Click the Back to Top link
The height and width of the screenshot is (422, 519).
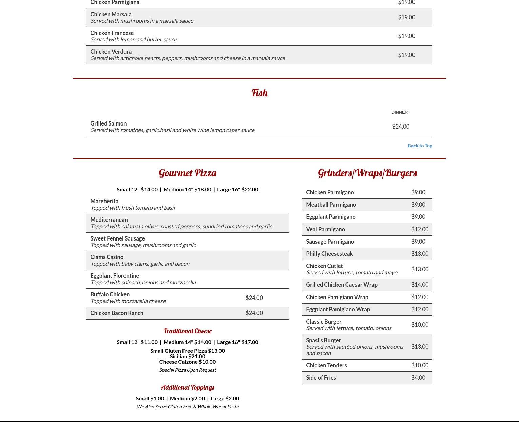click(x=420, y=146)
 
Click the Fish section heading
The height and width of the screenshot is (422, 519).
click(x=259, y=93)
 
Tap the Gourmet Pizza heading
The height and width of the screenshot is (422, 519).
click(x=188, y=173)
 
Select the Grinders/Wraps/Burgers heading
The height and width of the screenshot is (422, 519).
click(x=367, y=173)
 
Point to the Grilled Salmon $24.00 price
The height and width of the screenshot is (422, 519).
click(x=401, y=127)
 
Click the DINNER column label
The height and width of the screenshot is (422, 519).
click(x=399, y=112)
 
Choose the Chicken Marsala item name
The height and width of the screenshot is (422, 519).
click(x=111, y=14)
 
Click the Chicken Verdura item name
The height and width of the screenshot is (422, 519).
click(x=111, y=52)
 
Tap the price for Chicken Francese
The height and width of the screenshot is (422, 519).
click(x=406, y=36)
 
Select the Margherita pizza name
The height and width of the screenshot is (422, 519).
click(x=104, y=201)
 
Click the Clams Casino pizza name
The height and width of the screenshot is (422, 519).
click(x=107, y=257)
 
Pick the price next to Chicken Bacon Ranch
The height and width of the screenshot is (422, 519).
click(x=254, y=313)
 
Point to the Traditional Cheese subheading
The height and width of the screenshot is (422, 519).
click(x=188, y=331)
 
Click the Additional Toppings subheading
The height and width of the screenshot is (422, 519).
click(x=188, y=387)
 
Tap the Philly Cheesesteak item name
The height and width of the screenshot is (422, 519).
click(x=329, y=254)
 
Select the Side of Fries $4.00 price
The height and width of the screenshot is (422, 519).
click(x=418, y=378)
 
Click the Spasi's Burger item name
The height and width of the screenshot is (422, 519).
click(x=323, y=340)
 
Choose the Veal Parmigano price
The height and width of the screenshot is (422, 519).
click(x=420, y=229)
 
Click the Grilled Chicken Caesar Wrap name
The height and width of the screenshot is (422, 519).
click(x=342, y=285)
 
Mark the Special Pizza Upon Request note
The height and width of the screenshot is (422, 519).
click(x=188, y=370)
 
